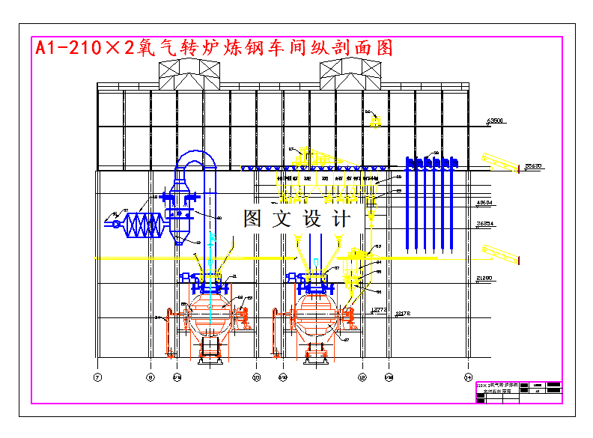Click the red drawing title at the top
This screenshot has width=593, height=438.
[x=214, y=49]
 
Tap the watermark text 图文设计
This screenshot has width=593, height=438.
[x=296, y=219]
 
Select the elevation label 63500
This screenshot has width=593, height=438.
[x=495, y=120]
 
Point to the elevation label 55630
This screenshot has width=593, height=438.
[x=533, y=165]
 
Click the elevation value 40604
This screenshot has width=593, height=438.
[x=485, y=203]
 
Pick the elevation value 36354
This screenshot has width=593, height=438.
[x=485, y=223]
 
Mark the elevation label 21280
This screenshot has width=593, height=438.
[x=485, y=279]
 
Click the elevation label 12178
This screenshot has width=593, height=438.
[x=403, y=312]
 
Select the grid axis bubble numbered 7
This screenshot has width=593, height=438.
[x=97, y=377]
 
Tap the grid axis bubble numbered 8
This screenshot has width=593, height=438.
[x=150, y=377]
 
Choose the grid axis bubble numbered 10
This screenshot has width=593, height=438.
[x=256, y=377]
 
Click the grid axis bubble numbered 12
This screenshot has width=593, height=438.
[x=362, y=377]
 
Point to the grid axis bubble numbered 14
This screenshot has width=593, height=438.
[x=469, y=377]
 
